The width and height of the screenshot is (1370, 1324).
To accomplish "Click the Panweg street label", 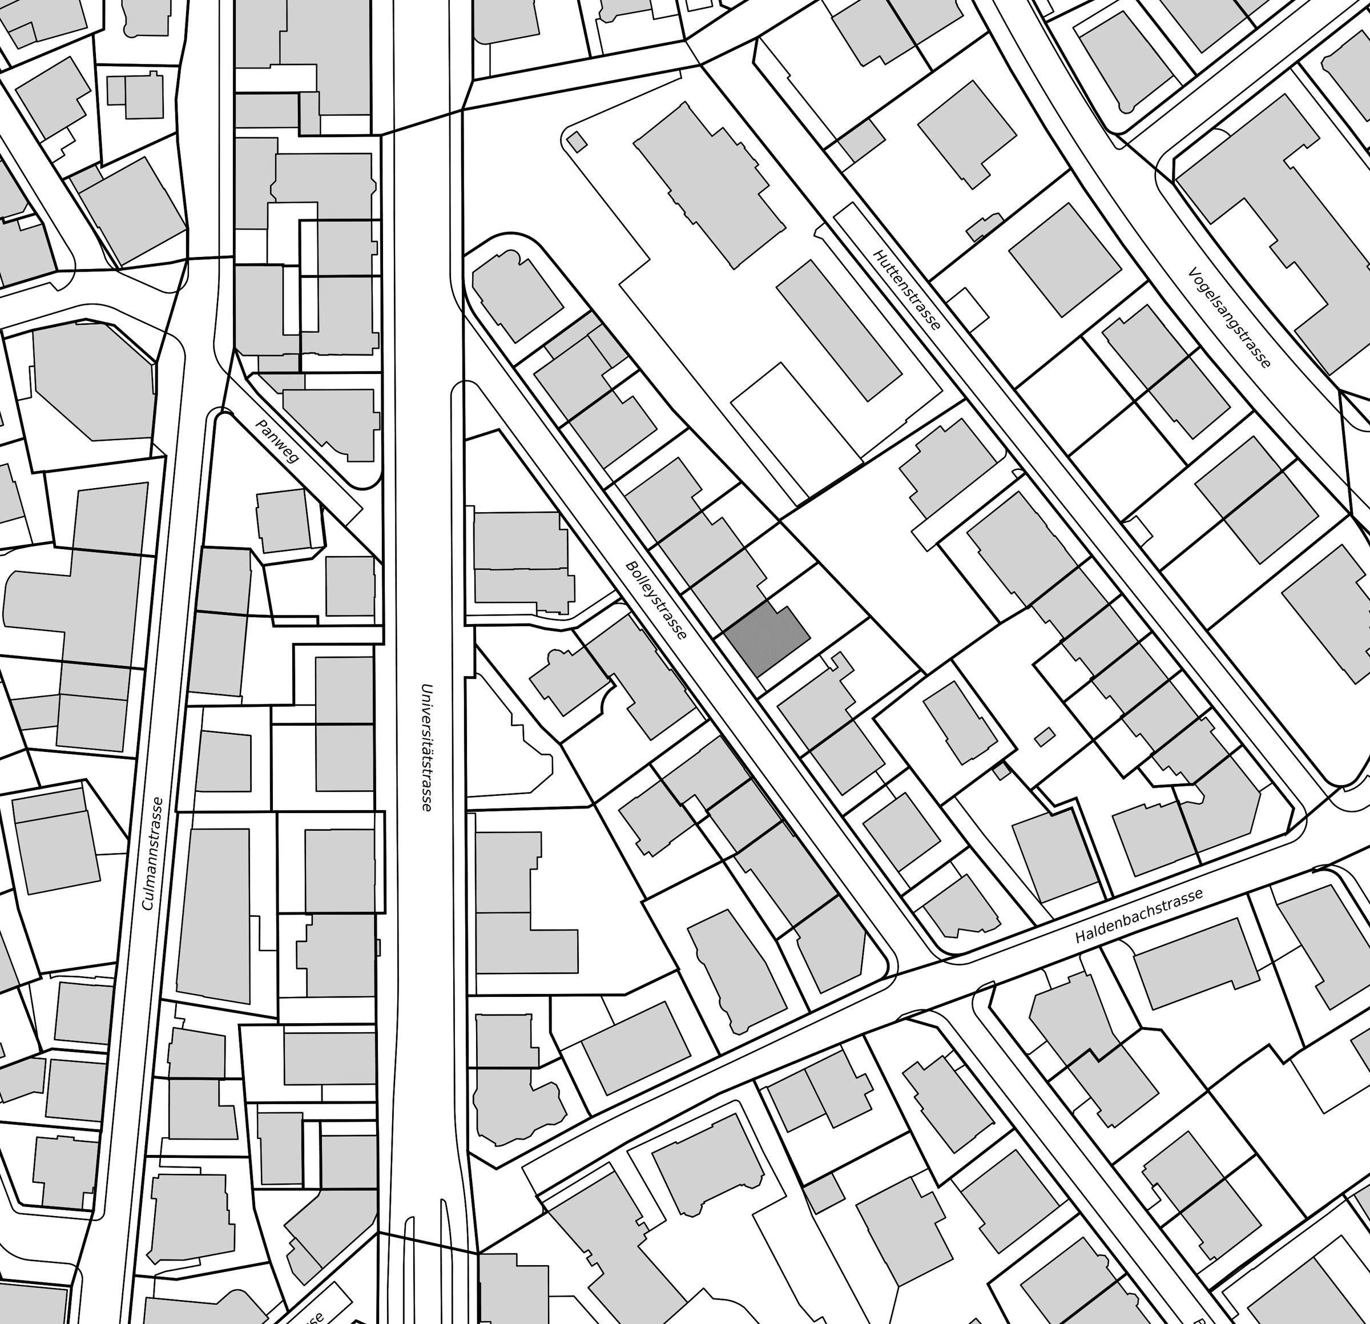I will click(278, 441).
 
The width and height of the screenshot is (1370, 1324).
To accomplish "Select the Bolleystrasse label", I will click(656, 600).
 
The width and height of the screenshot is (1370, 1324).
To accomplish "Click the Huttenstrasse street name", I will click(907, 289).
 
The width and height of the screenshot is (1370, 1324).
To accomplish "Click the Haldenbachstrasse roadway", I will click(978, 979).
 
